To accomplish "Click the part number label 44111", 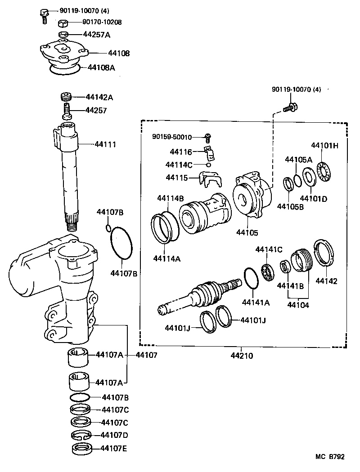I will [x=105, y=144].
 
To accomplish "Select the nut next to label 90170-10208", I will [x=63, y=23].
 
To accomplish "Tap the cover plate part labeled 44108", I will [x=62, y=53].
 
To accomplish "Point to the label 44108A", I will [x=101, y=67].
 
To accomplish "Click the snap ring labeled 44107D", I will [x=81, y=435].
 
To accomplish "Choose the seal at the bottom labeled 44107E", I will [x=81, y=448].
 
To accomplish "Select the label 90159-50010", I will [x=172, y=137].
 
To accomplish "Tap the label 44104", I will [x=297, y=305].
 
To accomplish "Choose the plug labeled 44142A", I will [x=67, y=98].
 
